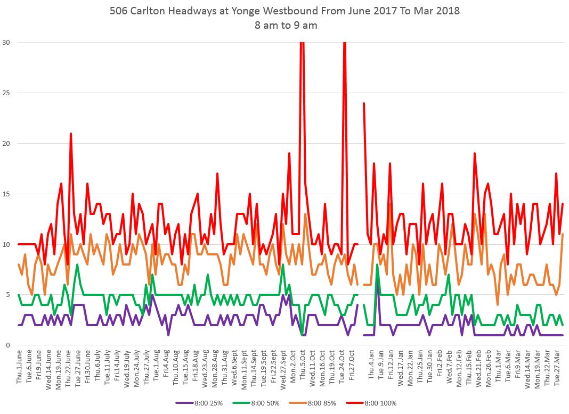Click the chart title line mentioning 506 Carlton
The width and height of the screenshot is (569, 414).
tap(284, 10)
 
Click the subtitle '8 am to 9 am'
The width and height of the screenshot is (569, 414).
tap(284, 25)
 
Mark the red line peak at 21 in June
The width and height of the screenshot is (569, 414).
tap(70, 134)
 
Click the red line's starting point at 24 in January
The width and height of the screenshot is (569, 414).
tap(364, 103)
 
